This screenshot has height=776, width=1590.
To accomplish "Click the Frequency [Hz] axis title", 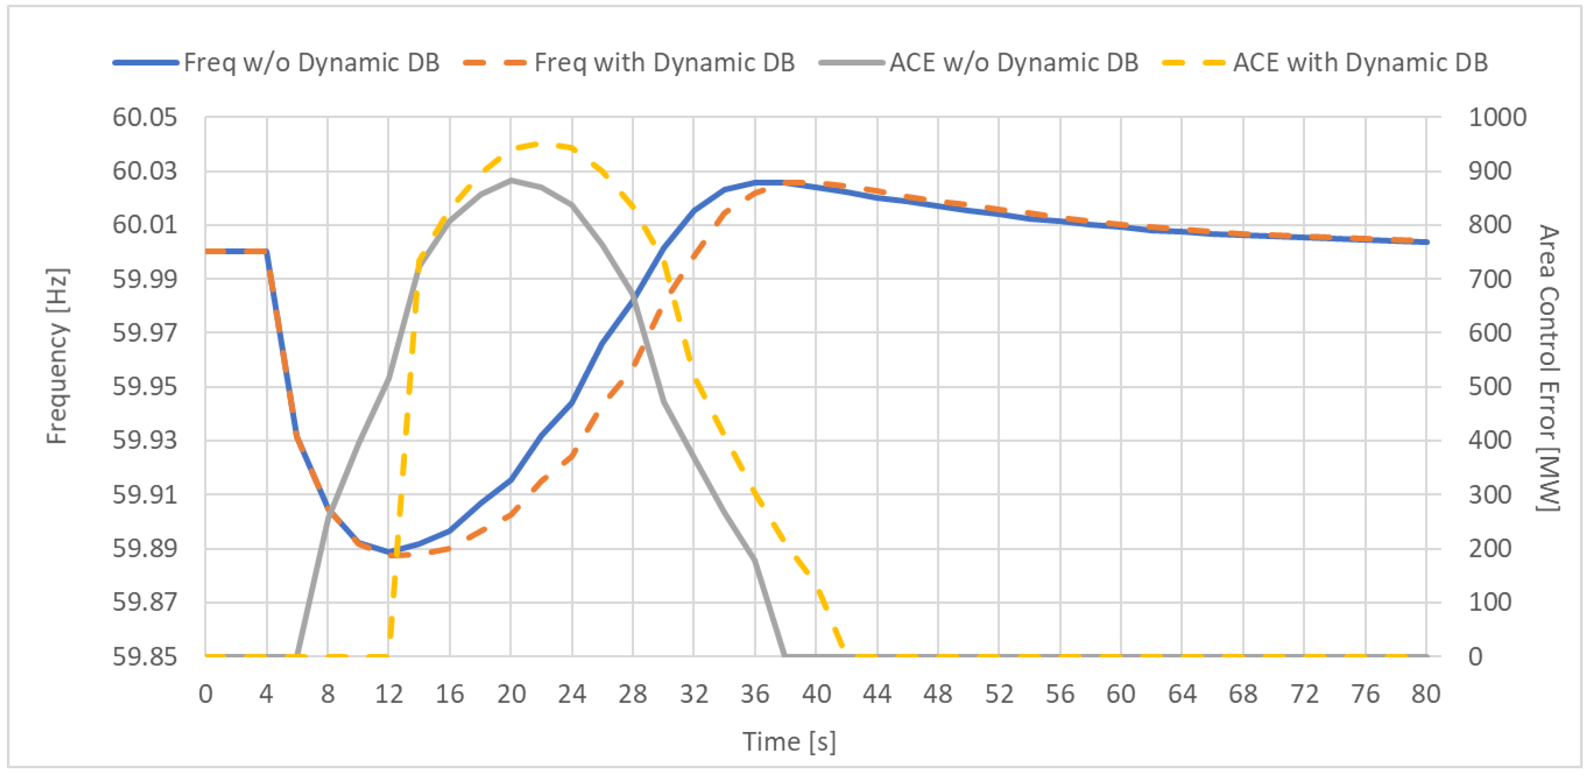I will point(57,356).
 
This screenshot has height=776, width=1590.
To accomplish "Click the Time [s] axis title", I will point(789,742).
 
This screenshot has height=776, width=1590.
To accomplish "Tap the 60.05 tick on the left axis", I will point(144,117).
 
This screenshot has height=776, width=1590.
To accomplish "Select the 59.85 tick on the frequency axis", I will point(144,656).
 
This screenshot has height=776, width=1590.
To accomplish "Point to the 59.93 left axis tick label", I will point(144,440).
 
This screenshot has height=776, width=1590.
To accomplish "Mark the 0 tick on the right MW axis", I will point(1475,656).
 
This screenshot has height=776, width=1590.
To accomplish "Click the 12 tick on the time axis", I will point(389,695).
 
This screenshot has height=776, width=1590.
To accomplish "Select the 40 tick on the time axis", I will point(816,695).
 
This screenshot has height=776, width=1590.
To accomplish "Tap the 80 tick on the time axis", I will point(1426,695).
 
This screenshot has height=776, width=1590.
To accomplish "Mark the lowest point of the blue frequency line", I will point(389,552).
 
